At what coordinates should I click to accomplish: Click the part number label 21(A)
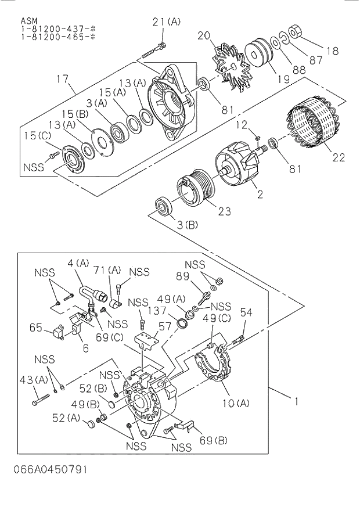coord(167,22)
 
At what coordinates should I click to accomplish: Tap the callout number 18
coord(332,51)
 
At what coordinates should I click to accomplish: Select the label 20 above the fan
coord(219,35)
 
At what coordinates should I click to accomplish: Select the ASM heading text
coord(28,19)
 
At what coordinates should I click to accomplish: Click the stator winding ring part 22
coord(311,125)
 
